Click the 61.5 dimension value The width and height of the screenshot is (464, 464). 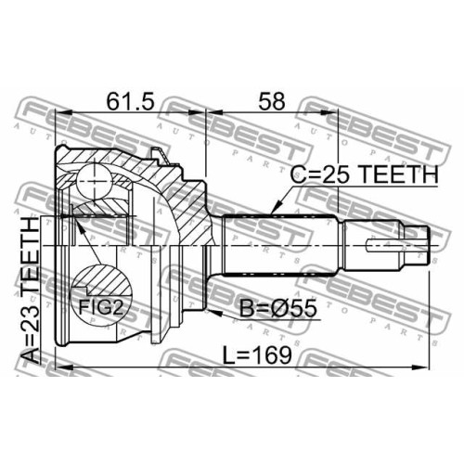(x=130, y=102)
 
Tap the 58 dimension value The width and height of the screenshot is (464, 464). (x=272, y=102)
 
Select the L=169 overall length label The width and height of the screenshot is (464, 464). (x=257, y=354)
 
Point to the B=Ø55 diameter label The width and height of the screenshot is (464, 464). (x=278, y=308)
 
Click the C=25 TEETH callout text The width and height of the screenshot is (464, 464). (x=364, y=174)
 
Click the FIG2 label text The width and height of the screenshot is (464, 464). (x=101, y=308)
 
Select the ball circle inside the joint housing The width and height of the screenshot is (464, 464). (x=94, y=180)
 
